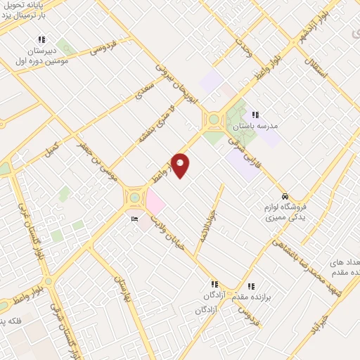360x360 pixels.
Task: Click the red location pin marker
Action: (x=181, y=165)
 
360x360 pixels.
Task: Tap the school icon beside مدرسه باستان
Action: (x=255, y=115)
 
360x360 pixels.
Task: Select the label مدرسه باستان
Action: (x=259, y=126)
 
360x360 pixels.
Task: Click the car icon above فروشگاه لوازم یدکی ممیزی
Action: (x=284, y=196)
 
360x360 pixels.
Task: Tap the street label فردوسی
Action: (x=103, y=47)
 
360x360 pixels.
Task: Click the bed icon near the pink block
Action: (x=135, y=219)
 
